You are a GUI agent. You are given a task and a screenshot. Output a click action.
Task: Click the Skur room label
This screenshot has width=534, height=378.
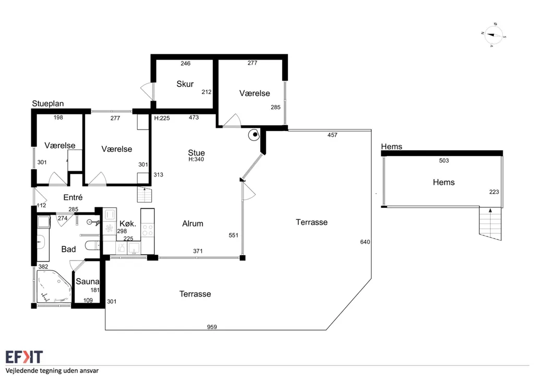pyautogui.click(x=185, y=84)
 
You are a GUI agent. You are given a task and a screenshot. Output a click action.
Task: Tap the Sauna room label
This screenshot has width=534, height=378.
pyautogui.click(x=88, y=281)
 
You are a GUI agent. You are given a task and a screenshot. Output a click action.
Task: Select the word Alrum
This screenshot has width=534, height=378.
pyautogui.click(x=193, y=223)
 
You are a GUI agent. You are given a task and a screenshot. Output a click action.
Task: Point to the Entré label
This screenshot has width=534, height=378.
pyautogui.click(x=73, y=197)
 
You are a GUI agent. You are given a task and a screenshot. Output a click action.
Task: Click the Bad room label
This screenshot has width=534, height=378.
pyautogui.click(x=68, y=249)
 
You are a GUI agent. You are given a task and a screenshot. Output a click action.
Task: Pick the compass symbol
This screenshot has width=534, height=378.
pyautogui.click(x=493, y=35)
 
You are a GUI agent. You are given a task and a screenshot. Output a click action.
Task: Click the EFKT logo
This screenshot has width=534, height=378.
pyautogui.click(x=24, y=357)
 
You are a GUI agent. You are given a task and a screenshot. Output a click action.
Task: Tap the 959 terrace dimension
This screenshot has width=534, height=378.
pyautogui.click(x=212, y=327)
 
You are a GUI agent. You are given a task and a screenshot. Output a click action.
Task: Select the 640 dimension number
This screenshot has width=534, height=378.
pyautogui.click(x=365, y=242)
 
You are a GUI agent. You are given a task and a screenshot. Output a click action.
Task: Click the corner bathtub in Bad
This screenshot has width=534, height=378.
pyautogui.click(x=54, y=286)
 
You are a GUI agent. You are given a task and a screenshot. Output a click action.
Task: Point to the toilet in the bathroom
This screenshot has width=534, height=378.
pyautogui.click(x=92, y=245)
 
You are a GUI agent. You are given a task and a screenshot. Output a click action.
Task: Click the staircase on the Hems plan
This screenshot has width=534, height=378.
pyautogui.click(x=490, y=223)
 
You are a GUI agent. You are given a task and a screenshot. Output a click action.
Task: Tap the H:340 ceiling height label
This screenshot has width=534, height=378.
pyautogui.click(x=196, y=159)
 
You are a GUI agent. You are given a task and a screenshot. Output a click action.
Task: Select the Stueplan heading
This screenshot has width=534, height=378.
pyautogui.click(x=48, y=103)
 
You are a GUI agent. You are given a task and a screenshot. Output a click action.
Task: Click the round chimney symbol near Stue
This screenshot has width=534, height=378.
pyautogui.click(x=254, y=135)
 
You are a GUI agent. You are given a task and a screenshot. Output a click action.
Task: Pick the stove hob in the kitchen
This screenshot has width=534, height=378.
pyautogui.click(x=148, y=230)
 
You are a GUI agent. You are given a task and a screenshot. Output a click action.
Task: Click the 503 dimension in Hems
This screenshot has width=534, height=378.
pyautogui.click(x=444, y=160)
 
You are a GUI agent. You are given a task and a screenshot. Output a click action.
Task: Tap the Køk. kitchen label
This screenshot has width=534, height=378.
pyautogui.click(x=128, y=223)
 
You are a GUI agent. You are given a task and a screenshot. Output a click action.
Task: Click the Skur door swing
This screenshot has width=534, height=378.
pyautogui.click(x=147, y=91)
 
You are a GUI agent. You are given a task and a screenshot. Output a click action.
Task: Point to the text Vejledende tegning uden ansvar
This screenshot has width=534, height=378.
pyautogui.click(x=52, y=371)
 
